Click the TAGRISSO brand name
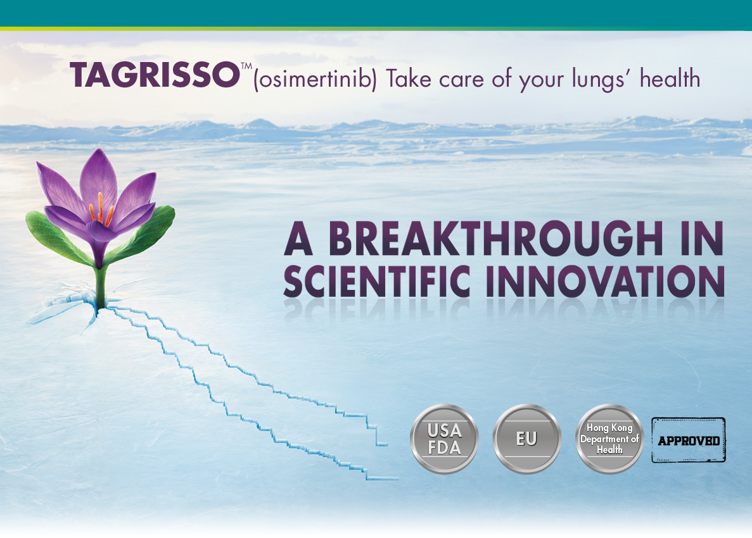(x=155, y=75)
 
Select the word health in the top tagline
(x=670, y=78)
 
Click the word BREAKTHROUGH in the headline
(x=496, y=238)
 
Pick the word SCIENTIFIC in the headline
(x=377, y=281)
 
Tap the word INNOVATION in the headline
(x=605, y=281)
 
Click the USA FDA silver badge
(x=444, y=439)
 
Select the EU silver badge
(x=526, y=439)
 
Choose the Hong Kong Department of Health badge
(x=609, y=439)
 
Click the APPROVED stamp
(x=688, y=441)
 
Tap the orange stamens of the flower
(x=101, y=210)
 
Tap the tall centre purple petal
(x=99, y=180)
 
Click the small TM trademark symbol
(x=246, y=66)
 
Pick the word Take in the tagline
(x=409, y=78)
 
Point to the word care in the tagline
(x=461, y=80)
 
